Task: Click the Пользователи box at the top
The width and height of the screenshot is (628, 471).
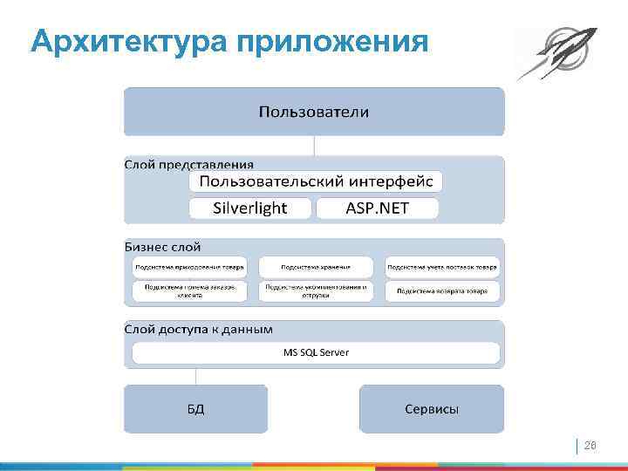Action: [314, 112]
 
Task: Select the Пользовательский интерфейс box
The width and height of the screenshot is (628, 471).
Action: [316, 181]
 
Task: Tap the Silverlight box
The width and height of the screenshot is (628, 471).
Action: [250, 208]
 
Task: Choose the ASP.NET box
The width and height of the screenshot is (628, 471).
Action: [377, 208]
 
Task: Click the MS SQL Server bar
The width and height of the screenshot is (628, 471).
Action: [316, 352]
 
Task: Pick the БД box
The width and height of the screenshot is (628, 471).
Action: [195, 409]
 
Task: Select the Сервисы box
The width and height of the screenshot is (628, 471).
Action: [432, 409]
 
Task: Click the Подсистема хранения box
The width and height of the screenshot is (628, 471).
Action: [316, 267]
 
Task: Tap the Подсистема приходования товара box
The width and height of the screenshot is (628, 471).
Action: [189, 267]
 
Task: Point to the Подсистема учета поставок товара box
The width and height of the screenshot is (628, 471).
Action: [442, 267]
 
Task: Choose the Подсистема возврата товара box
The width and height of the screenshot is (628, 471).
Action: [442, 290]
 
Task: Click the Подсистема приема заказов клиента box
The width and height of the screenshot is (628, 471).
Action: [189, 290]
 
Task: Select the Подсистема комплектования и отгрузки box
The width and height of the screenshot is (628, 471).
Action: [316, 290]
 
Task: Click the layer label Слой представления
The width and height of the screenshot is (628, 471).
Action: [189, 164]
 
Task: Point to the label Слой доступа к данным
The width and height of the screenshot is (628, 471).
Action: [199, 330]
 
